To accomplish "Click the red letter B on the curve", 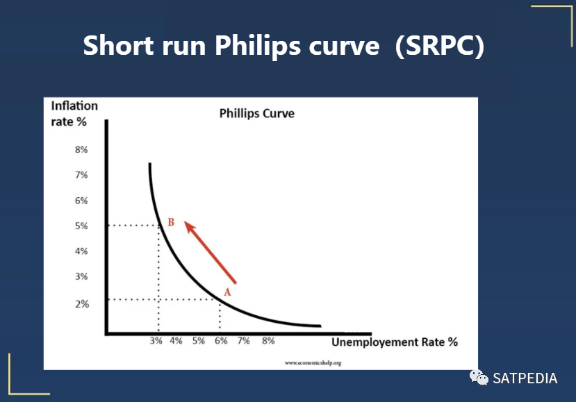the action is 171,222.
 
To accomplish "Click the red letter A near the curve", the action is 227,292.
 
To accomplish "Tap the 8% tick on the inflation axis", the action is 81,150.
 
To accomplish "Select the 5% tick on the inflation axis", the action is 81,226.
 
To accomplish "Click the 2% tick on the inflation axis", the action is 82,304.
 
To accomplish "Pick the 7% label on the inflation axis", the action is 81,175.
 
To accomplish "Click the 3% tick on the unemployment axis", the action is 156,341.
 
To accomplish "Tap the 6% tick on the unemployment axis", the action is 221,341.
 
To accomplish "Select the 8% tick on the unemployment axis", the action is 268,341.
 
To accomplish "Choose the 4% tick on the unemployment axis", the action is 176,341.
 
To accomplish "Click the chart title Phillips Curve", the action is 257,113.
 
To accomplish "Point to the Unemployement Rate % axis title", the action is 395,342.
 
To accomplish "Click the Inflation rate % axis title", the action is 74,114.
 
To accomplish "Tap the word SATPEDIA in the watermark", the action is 525,378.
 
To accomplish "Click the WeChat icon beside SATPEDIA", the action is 479,378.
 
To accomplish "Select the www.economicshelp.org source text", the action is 313,363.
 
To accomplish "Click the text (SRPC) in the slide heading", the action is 440,46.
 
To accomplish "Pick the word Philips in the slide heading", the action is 256,47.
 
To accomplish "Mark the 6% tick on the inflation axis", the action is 81,201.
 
